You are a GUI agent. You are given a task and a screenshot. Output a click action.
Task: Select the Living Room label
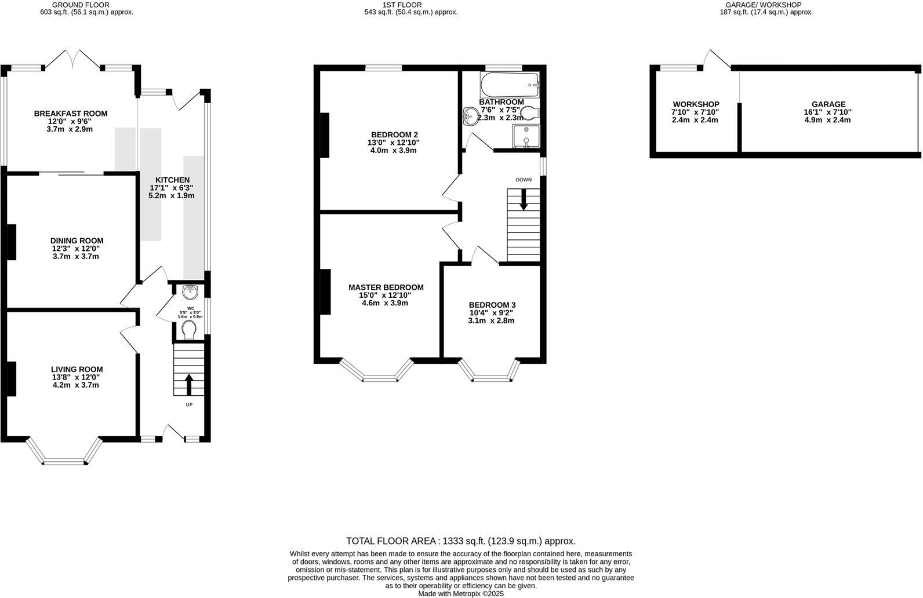click(77, 369)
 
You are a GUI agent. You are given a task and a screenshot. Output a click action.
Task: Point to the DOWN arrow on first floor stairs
click(524, 201)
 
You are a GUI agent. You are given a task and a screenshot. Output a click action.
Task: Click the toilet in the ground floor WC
click(189, 331)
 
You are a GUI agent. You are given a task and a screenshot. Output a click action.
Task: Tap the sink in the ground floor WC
click(190, 291)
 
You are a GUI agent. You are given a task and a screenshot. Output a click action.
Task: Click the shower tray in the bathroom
click(525, 137)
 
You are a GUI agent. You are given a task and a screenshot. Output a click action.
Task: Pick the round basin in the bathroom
click(469, 116)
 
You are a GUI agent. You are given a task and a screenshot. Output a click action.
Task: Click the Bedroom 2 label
click(394, 134)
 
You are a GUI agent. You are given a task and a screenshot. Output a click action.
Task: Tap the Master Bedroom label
click(386, 287)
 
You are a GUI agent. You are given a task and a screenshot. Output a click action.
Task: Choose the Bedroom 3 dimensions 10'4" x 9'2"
click(491, 313)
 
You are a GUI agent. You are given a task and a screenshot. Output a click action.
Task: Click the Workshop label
click(696, 104)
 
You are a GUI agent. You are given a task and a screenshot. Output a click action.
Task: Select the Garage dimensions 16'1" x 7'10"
click(827, 112)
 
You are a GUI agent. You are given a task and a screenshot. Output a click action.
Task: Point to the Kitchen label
click(172, 180)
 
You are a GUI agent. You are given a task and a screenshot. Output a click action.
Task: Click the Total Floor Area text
click(461, 541)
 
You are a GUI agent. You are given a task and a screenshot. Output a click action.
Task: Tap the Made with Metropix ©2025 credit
click(461, 593)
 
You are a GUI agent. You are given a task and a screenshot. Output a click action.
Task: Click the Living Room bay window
click(64, 461)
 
